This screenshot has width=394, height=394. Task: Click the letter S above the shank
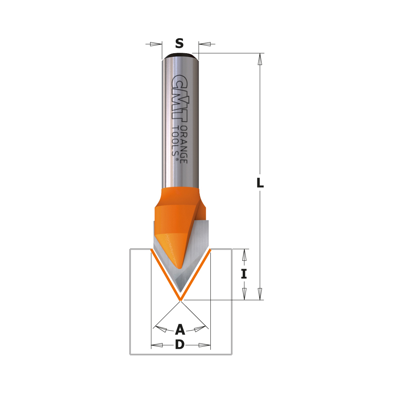pyautogui.click(x=179, y=43)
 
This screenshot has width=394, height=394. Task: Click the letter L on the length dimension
pyautogui.click(x=260, y=183)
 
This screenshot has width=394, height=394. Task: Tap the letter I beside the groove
pyautogui.click(x=244, y=274)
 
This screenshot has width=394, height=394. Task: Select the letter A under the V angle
pyautogui.click(x=180, y=329)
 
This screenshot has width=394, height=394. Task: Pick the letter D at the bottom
pyautogui.click(x=180, y=344)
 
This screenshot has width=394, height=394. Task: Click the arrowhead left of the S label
pyautogui.click(x=156, y=44)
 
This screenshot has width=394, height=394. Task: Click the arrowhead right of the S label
pyautogui.click(x=205, y=44)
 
